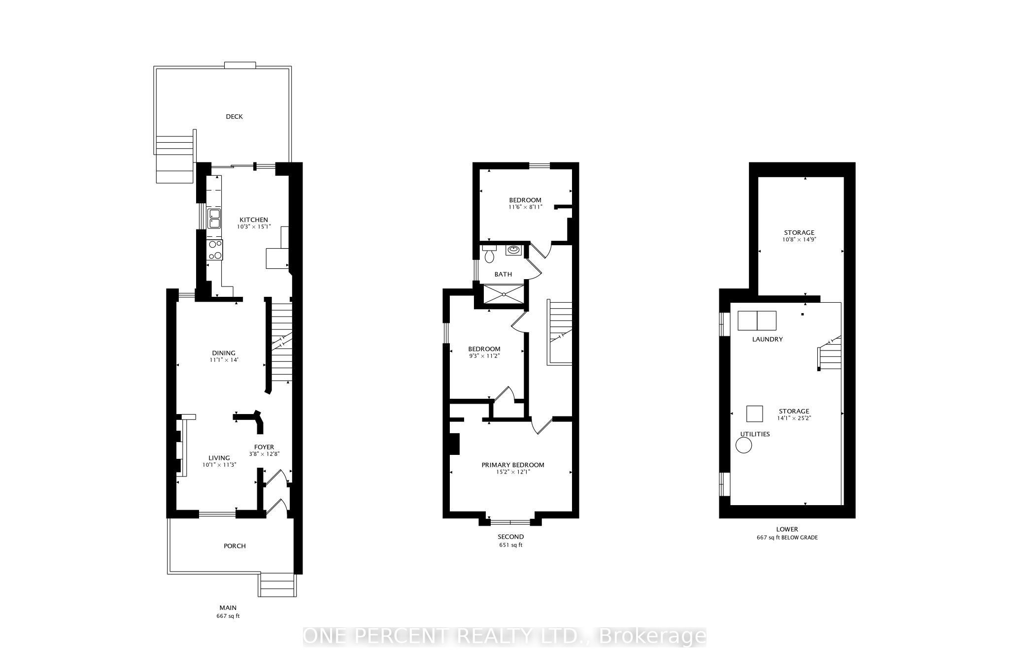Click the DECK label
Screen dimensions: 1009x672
[234, 117]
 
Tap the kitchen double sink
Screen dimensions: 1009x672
[214, 219]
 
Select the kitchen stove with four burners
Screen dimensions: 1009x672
[215, 250]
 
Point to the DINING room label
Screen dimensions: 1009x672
[224, 353]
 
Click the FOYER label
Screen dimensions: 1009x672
[264, 447]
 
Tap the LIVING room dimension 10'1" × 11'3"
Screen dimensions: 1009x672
[219, 465]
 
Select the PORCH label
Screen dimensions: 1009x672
[235, 546]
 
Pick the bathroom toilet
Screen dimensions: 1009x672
[489, 254]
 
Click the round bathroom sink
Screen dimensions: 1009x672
[513, 250]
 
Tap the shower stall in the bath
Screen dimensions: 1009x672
[503, 294]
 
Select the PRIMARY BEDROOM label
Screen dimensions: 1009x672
[513, 465]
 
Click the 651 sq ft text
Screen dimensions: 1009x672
[510, 545]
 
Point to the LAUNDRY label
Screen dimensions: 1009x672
[767, 339]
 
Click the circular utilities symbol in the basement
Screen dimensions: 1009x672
[744, 446]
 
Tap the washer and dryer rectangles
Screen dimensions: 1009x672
[757, 320]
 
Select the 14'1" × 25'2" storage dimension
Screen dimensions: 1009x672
[794, 418]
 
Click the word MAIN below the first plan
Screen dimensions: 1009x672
[228, 608]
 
